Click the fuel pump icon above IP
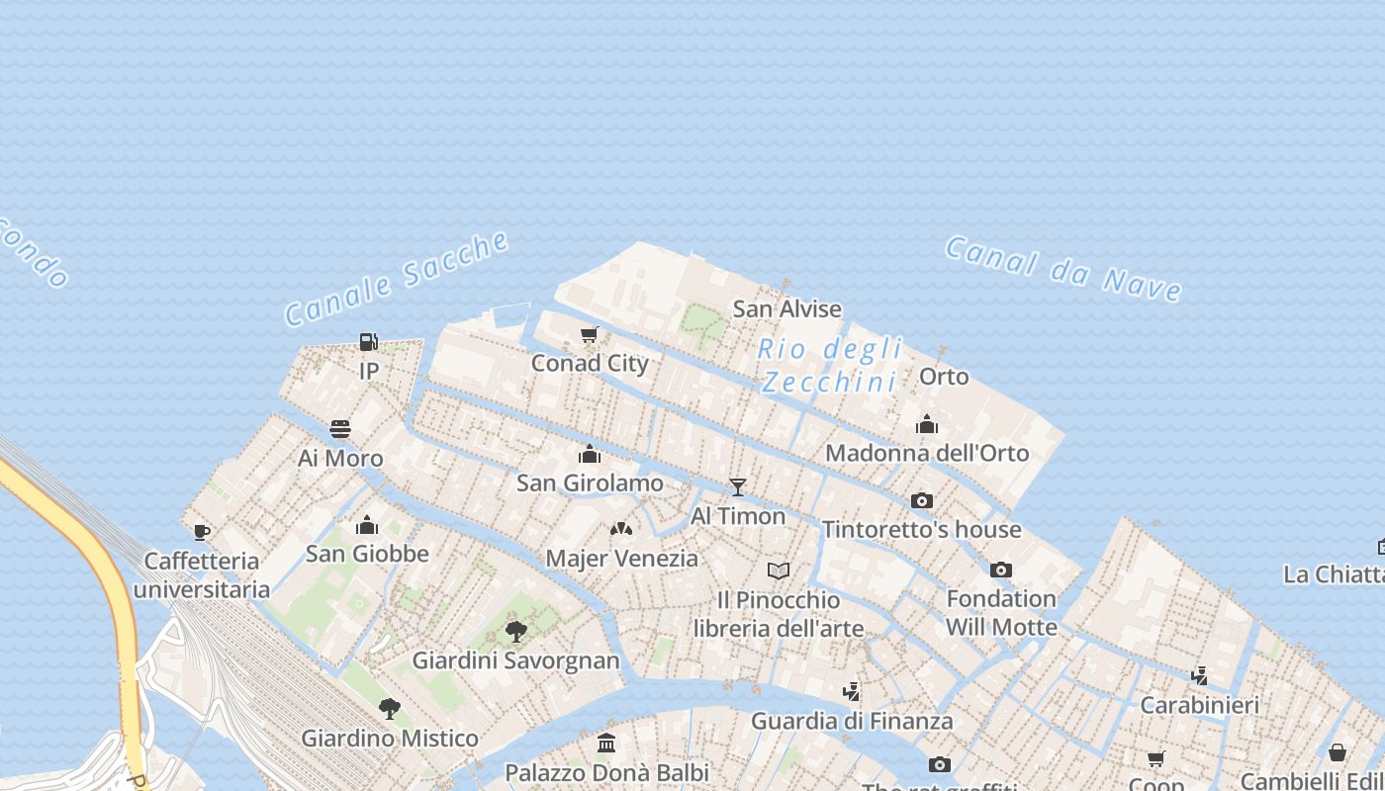(x=368, y=342)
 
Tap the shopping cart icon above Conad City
(x=590, y=335)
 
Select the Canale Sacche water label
(x=397, y=279)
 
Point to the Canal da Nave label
(x=1063, y=267)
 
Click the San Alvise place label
(x=786, y=308)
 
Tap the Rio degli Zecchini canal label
(x=831, y=365)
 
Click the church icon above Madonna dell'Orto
(x=927, y=424)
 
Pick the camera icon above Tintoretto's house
(x=922, y=500)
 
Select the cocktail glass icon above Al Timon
(x=737, y=486)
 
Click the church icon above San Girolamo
(x=590, y=454)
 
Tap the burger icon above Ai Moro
(x=340, y=429)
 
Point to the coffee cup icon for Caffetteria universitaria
(x=202, y=532)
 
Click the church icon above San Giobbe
(x=367, y=524)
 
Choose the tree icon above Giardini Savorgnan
(x=515, y=631)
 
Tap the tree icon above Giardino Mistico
(x=389, y=708)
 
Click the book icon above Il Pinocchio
(x=779, y=571)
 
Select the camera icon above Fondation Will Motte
(x=1001, y=570)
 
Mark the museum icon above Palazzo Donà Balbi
(x=606, y=743)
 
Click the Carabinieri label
(x=1199, y=705)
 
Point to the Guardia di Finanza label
(x=851, y=721)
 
